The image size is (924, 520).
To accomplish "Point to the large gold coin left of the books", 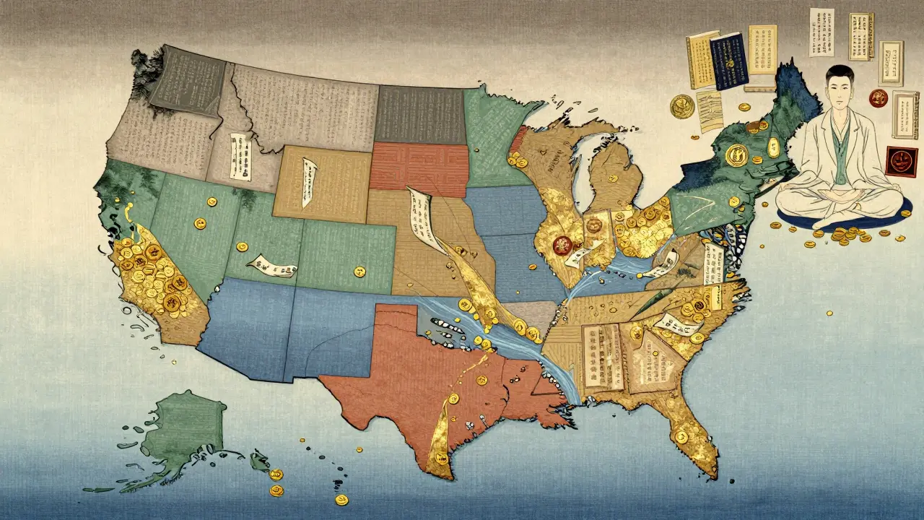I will pos(681,107).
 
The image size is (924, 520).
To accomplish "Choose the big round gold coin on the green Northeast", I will pos(737,154).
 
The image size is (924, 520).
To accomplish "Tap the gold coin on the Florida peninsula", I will pos(681,436).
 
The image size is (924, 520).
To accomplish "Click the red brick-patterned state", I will pos(418,168).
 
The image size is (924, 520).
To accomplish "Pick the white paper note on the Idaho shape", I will pos(237,155).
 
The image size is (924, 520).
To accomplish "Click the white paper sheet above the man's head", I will pos(821,32).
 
